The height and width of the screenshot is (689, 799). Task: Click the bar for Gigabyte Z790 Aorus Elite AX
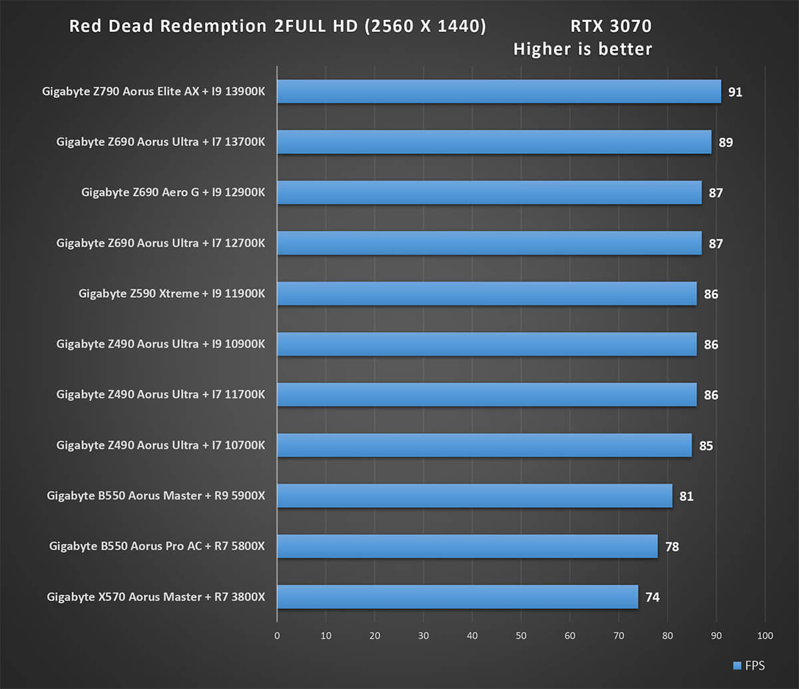click(x=499, y=91)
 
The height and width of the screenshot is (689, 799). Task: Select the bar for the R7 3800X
click(x=457, y=597)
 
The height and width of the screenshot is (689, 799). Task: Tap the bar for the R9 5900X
click(x=475, y=496)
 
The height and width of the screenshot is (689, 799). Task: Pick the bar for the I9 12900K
click(x=489, y=193)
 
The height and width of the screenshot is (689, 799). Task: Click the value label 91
click(x=734, y=92)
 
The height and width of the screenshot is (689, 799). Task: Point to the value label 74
click(x=652, y=598)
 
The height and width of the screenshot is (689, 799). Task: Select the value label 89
click(x=725, y=143)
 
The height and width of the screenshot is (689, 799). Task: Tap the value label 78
click(x=671, y=547)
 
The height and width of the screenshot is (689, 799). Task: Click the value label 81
click(x=686, y=496)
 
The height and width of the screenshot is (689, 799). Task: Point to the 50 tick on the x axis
click(x=521, y=636)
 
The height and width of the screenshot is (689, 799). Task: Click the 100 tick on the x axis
click(x=765, y=636)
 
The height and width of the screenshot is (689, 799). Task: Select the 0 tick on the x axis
click(x=277, y=636)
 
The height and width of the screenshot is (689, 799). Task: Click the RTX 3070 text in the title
click(x=611, y=27)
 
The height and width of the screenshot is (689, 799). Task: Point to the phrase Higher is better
click(x=583, y=49)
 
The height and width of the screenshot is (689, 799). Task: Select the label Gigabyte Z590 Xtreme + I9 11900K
click(x=172, y=294)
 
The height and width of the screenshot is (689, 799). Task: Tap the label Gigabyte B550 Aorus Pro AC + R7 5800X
click(x=157, y=546)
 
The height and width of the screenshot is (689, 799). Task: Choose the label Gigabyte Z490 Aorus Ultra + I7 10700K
click(x=160, y=445)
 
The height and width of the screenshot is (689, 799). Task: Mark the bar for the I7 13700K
click(x=494, y=142)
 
